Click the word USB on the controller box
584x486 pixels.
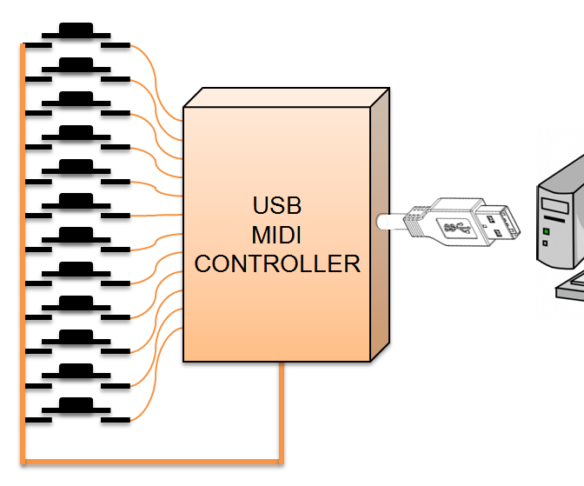277,206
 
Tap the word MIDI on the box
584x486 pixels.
277,235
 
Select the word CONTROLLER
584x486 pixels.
277,263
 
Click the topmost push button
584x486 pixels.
77,30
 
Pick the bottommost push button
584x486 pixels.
77,406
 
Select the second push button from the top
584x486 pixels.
77,64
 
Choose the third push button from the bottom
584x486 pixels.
77,337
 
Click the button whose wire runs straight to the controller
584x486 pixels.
77,202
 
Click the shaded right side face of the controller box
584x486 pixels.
379,226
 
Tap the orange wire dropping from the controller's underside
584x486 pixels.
281,409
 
